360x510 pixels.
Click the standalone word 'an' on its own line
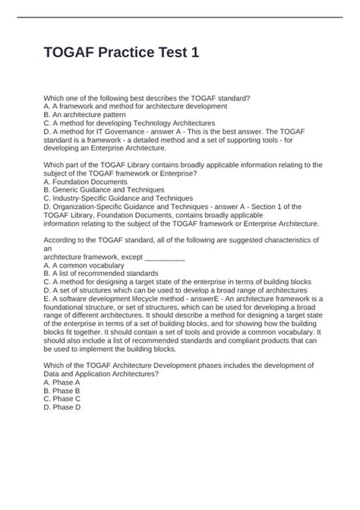tap(48, 249)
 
